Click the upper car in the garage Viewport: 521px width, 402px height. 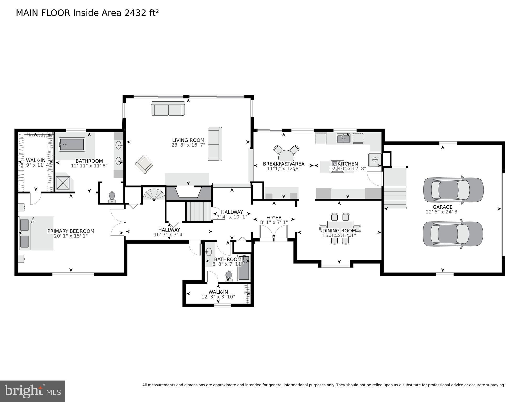(x=454, y=190)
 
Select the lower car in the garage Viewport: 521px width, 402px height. (x=453, y=234)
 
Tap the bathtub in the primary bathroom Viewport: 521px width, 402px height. (x=72, y=144)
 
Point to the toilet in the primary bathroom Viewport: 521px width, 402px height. (x=112, y=196)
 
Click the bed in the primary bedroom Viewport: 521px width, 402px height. (x=36, y=233)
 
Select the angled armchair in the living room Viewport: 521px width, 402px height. (x=144, y=164)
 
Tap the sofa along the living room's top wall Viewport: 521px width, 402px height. (x=168, y=109)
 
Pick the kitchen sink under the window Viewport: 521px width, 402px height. (x=343, y=138)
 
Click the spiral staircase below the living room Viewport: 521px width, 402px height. (x=154, y=195)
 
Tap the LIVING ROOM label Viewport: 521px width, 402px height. (x=188, y=140)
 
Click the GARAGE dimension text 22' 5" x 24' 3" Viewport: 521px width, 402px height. (x=442, y=212)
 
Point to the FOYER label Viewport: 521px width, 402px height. (x=274, y=218)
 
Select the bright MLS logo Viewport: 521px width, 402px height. (x=33, y=391)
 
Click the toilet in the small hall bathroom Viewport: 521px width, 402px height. (x=229, y=276)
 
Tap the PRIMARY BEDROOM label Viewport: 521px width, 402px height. (x=71, y=231)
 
